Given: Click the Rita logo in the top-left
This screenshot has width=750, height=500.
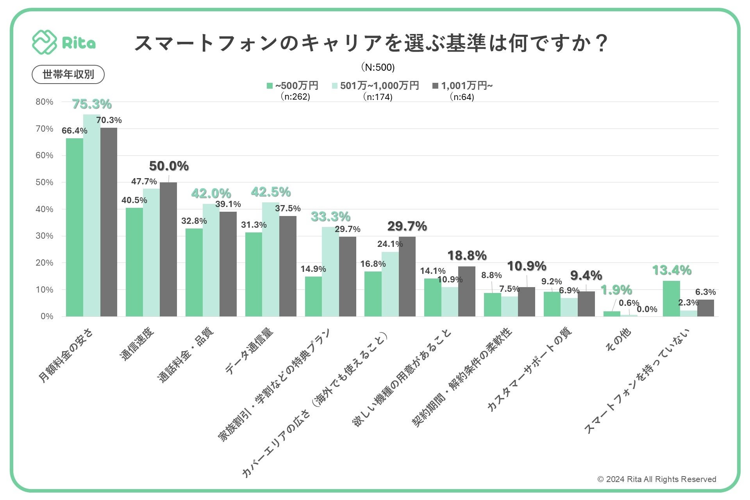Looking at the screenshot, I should [64, 43].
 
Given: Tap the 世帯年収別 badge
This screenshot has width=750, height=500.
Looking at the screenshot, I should [68, 75].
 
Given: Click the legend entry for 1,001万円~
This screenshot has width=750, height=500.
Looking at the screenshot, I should [463, 86].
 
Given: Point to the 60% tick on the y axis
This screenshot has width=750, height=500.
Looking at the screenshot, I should [45, 155].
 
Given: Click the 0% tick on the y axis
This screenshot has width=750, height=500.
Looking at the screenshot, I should [47, 316].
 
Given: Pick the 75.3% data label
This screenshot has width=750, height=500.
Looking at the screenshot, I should [92, 104].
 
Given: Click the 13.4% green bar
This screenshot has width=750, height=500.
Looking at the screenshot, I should [671, 298].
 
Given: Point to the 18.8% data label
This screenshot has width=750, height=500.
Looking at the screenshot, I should [467, 256].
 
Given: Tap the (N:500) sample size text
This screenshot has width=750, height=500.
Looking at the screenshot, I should [378, 68].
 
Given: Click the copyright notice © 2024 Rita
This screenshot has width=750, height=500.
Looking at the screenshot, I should [657, 479].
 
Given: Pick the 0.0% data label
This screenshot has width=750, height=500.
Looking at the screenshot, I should [647, 309].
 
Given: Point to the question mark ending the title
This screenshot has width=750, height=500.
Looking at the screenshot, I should [602, 43].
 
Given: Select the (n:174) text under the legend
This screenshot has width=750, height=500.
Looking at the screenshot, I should [378, 97].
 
